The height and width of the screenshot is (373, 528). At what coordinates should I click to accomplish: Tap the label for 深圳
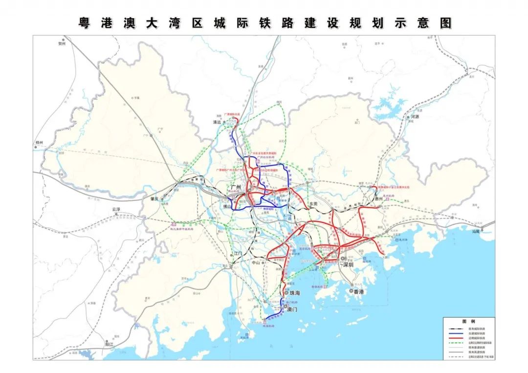pyautogui.click(x=348, y=264)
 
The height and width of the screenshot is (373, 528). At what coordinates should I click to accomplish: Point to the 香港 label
pyautogui.click(x=359, y=291)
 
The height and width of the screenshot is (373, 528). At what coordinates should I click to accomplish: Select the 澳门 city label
pyautogui.click(x=292, y=309)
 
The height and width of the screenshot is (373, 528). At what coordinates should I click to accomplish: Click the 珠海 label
pyautogui.click(x=295, y=293)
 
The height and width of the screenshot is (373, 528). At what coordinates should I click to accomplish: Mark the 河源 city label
pyautogui.click(x=416, y=117)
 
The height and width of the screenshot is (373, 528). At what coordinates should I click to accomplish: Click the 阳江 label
pyautogui.click(x=109, y=344)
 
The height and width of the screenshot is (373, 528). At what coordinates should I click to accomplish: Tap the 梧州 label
pyautogui.click(x=39, y=142)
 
